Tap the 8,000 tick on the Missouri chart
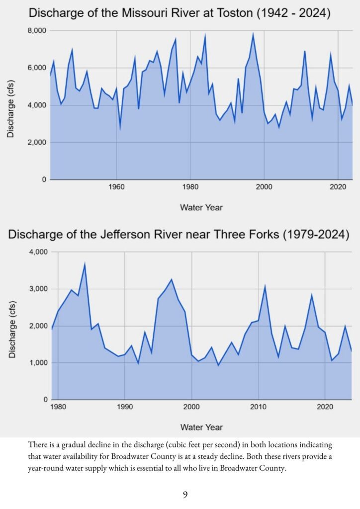coord(36,31)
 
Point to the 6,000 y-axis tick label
coord(36,68)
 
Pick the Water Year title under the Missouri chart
coord(201,207)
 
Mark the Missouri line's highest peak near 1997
coord(253,34)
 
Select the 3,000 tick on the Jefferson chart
coord(36,289)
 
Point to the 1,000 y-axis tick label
coord(36,363)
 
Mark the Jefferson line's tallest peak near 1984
coord(85,264)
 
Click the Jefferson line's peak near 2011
coord(265,286)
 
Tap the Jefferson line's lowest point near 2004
coord(218,365)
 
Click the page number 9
coord(185,494)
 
